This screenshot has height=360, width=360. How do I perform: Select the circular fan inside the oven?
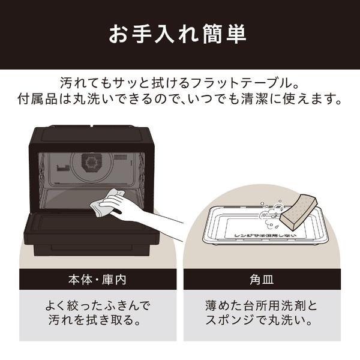pos(91,163)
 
